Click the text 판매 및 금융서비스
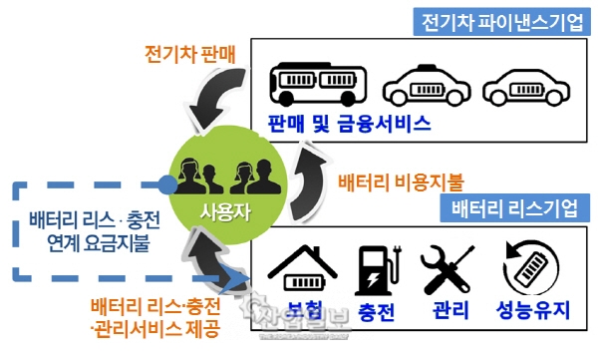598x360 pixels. coord(349,125)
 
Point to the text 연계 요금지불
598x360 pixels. coord(90,241)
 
